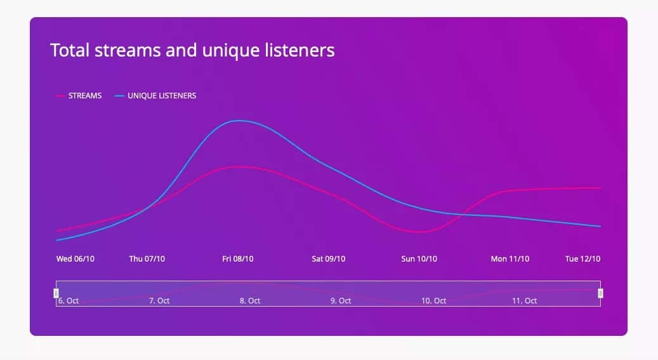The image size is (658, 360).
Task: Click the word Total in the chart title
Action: [x=70, y=50]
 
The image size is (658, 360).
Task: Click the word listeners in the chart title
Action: [x=299, y=50]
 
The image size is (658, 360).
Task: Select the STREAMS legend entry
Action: [x=79, y=96]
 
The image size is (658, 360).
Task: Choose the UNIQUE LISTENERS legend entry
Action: [x=155, y=96]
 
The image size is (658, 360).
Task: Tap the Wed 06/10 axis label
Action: [x=76, y=259]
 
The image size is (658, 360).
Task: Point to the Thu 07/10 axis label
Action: [x=147, y=259]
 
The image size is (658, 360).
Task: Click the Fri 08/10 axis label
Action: [x=238, y=259]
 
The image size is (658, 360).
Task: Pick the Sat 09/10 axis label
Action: [x=329, y=259]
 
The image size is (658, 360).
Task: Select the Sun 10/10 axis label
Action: [x=419, y=259]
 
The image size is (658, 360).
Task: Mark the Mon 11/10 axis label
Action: [x=510, y=259]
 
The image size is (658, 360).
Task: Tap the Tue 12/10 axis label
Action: [x=583, y=259]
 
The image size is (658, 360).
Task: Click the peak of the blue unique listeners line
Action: [x=239, y=121]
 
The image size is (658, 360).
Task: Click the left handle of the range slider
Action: [x=56, y=293]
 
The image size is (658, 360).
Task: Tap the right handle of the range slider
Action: [x=600, y=293]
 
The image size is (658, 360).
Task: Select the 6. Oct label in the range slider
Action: [x=69, y=301]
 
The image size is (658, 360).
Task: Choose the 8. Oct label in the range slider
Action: [x=250, y=301]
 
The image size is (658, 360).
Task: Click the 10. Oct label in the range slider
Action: [x=433, y=301]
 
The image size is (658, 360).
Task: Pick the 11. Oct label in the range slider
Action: [x=525, y=301]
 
